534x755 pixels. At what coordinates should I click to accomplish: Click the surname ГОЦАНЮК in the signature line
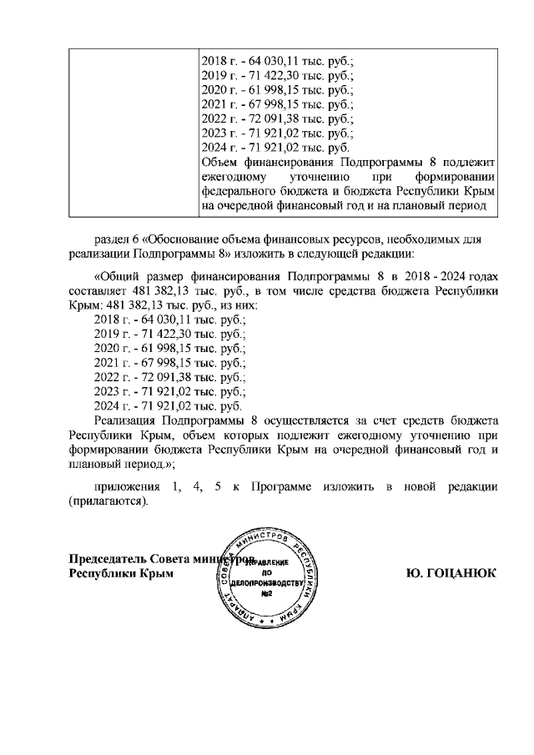tap(464, 573)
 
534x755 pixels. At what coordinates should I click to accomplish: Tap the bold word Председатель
tap(108, 558)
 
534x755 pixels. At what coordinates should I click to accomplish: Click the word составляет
tap(97, 291)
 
